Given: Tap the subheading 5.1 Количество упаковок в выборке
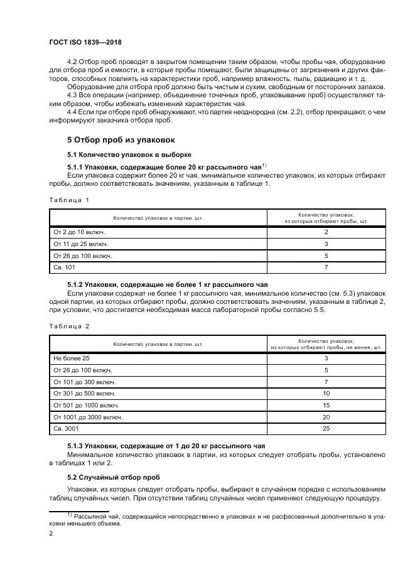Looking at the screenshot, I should click(129, 154).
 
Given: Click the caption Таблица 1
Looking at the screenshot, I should click(69, 199).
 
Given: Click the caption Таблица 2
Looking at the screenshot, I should click(69, 326).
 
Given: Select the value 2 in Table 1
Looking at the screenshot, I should click(326, 232).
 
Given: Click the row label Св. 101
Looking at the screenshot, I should click(65, 267).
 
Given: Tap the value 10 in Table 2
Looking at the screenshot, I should click(326, 393).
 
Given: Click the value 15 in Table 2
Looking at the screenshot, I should click(326, 405).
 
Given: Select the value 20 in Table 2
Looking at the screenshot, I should click(326, 417).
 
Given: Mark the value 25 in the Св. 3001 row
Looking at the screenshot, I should click(326, 429).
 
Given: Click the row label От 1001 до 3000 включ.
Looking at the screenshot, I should click(88, 417).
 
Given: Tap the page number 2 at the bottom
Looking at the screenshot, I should click(51, 534).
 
